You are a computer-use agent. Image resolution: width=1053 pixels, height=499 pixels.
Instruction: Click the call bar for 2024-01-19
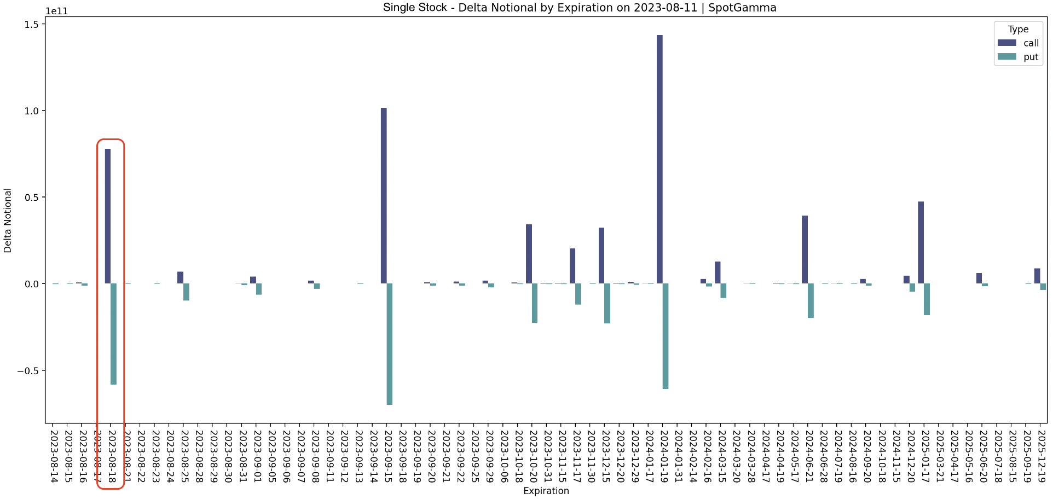coord(659,159)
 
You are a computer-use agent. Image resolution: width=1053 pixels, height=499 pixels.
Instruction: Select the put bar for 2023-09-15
coord(390,344)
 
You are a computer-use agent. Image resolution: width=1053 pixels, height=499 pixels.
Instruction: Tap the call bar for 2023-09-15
coord(384,195)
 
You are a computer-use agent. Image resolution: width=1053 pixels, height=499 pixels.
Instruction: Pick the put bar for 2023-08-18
coord(113,334)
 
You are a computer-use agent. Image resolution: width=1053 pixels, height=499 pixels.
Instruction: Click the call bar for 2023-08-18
coord(108,216)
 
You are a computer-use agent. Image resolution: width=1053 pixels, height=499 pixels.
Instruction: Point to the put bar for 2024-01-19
coord(666,336)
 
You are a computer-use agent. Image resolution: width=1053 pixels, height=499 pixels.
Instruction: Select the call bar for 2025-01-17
coord(921,242)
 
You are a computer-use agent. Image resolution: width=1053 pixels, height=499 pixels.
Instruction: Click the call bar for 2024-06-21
coord(805,249)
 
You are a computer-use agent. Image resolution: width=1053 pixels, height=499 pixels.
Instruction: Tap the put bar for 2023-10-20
coord(535,303)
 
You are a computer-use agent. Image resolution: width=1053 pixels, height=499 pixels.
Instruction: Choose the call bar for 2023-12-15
coord(601,256)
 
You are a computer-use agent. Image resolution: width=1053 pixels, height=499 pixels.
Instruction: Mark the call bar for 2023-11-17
coord(572,266)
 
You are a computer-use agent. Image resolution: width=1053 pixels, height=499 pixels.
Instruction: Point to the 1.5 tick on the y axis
coord(31,24)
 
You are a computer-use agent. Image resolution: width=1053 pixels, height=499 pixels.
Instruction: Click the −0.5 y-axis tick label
coord(28,370)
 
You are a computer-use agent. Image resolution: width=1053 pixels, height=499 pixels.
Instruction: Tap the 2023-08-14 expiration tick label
coord(54,456)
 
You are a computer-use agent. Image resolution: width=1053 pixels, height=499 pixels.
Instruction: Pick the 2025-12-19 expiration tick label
coord(1042,456)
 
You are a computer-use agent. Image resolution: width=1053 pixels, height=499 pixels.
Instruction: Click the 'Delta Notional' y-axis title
coord(8,220)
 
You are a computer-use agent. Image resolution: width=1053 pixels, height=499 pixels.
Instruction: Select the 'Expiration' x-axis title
coord(546,491)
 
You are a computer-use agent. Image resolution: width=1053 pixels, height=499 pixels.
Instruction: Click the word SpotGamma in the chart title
coord(742,8)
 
